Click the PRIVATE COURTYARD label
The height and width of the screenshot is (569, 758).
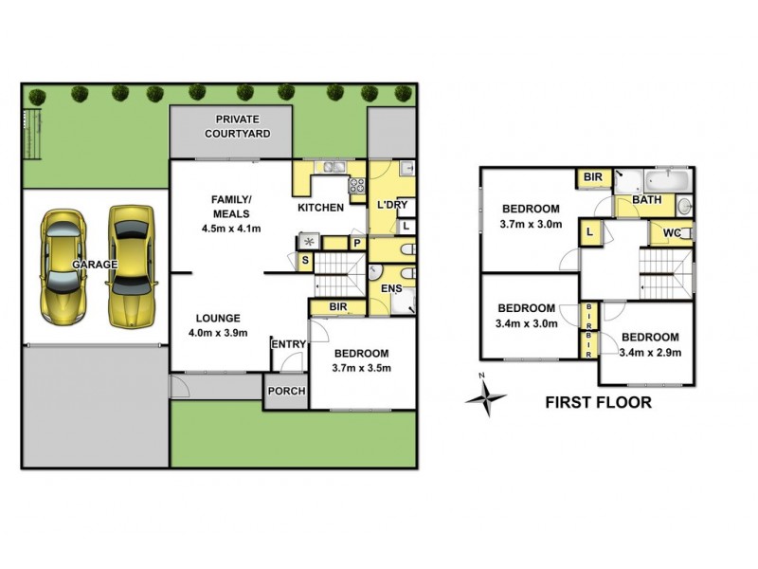pyautogui.click(x=243, y=126)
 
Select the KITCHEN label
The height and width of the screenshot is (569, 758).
pyautogui.click(x=321, y=208)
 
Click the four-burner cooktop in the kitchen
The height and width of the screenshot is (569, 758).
pyautogui.click(x=358, y=185)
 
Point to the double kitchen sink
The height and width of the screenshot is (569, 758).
pyautogui.click(x=334, y=168)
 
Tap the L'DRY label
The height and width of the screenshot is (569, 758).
pyautogui.click(x=391, y=206)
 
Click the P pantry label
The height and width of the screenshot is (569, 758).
pyautogui.click(x=357, y=243)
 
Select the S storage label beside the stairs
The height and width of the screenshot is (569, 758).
pyautogui.click(x=305, y=260)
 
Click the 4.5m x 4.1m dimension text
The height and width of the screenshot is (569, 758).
pyautogui.click(x=231, y=228)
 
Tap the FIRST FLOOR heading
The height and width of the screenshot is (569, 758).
pyautogui.click(x=597, y=402)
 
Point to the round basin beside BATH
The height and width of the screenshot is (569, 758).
pyautogui.click(x=684, y=205)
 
